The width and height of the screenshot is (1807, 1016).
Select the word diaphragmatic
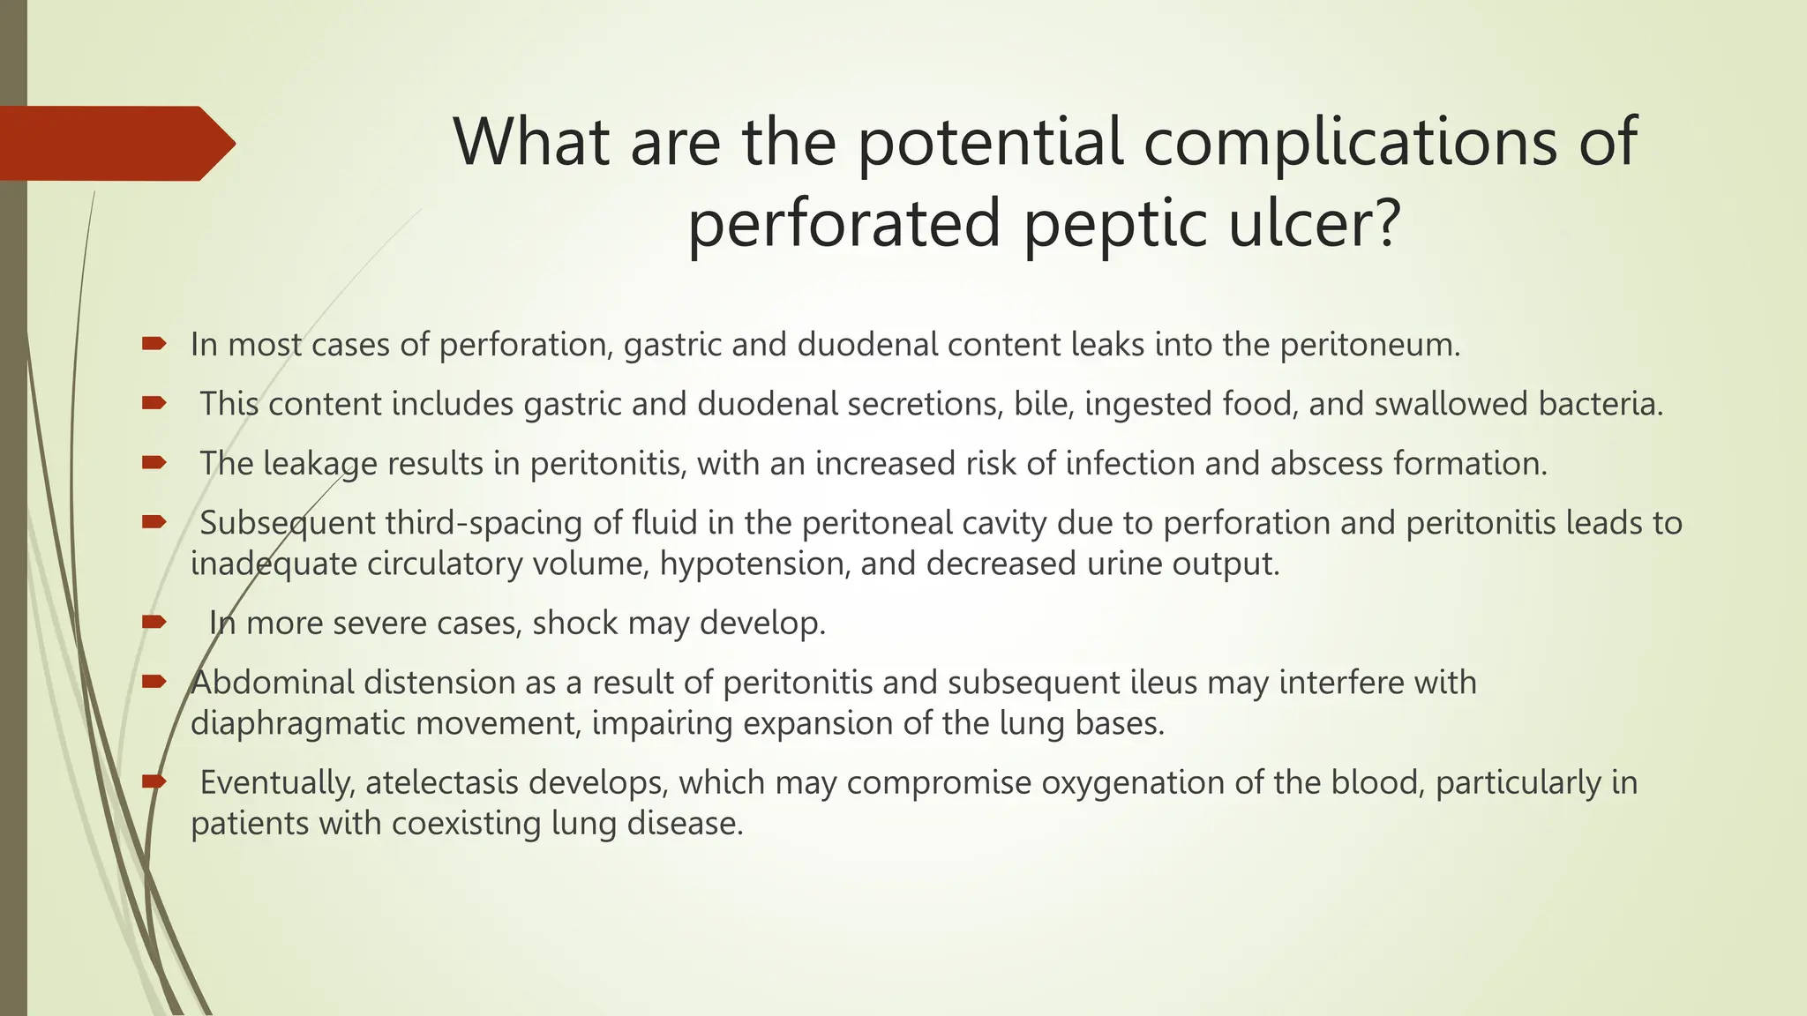tap(297, 723)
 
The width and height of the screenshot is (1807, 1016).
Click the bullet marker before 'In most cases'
tap(154, 343)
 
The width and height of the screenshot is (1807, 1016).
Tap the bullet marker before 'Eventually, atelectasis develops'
tap(154, 781)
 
